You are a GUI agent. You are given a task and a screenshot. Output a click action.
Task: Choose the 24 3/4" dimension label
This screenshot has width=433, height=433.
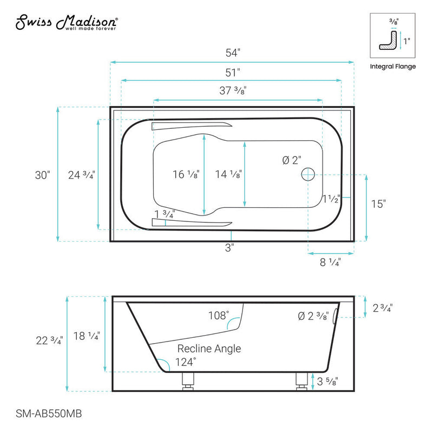(82, 175)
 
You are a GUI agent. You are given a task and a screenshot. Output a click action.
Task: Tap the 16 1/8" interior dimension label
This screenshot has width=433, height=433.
(186, 174)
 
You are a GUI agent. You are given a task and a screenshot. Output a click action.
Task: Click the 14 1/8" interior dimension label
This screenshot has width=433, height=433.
(228, 174)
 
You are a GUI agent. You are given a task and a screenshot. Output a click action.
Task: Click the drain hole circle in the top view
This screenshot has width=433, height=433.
(307, 174)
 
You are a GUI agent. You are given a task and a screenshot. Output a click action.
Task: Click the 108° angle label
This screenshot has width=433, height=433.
(219, 314)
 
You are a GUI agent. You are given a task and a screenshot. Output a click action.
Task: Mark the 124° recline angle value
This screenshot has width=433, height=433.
(186, 362)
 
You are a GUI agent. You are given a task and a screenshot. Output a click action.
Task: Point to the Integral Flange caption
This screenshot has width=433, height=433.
(392, 67)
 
